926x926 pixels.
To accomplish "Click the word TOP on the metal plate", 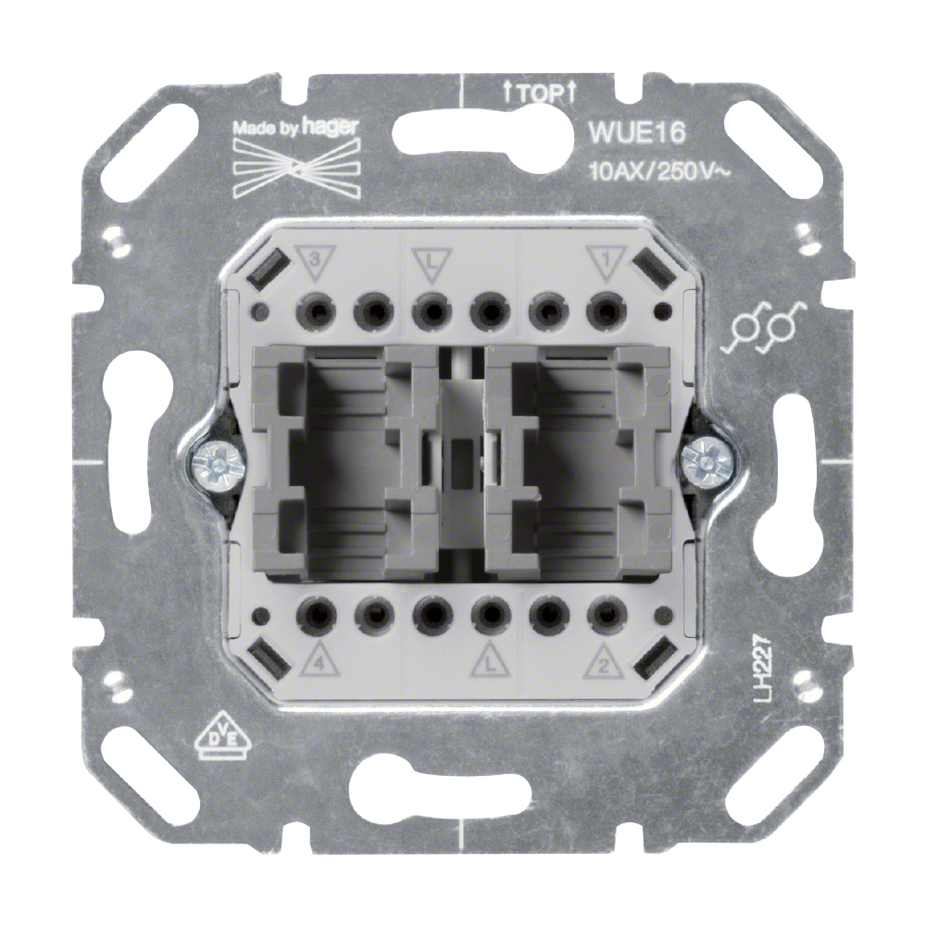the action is point(539,94).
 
